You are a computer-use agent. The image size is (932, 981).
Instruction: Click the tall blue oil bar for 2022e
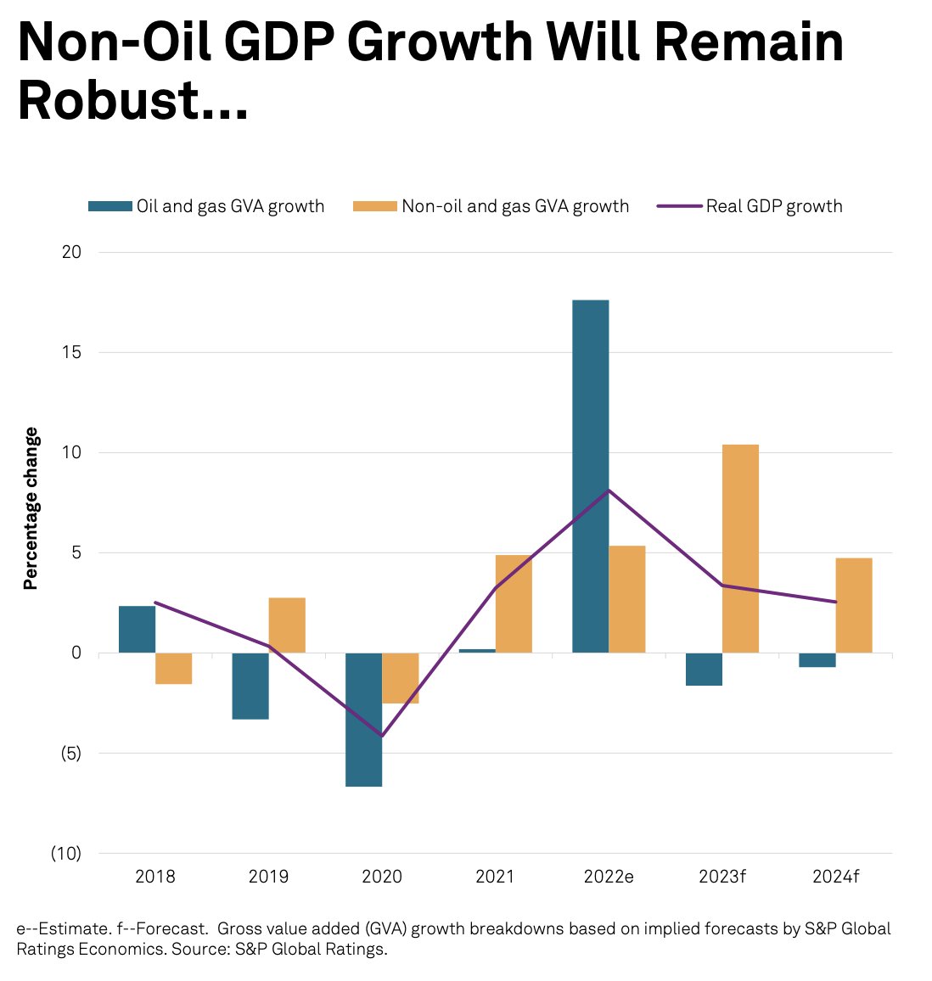pyautogui.click(x=590, y=475)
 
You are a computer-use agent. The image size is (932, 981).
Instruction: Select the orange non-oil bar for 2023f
pyautogui.click(x=740, y=548)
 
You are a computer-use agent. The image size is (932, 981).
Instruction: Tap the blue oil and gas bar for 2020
pyautogui.click(x=363, y=719)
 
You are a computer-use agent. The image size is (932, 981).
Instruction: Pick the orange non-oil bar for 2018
pyautogui.click(x=173, y=668)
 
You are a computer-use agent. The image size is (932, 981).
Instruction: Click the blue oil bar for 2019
pyautogui.click(x=250, y=686)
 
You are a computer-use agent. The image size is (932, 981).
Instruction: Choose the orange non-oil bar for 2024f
pyautogui.click(x=853, y=605)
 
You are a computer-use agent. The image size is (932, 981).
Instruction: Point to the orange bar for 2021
pyautogui.click(x=514, y=603)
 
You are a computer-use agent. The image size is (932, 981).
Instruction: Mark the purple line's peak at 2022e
pyautogui.click(x=609, y=490)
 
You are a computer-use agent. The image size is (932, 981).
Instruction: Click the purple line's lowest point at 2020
pyautogui.click(x=382, y=736)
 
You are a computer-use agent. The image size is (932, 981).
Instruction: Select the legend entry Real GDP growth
pyautogui.click(x=773, y=206)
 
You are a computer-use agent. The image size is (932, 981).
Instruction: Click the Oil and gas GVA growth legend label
pyautogui.click(x=230, y=206)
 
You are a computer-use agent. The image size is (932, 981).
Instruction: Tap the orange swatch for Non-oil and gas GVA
pyautogui.click(x=374, y=206)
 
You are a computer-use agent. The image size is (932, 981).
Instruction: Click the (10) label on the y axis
pyautogui.click(x=65, y=854)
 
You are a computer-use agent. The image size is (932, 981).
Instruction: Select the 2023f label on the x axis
pyautogui.click(x=721, y=877)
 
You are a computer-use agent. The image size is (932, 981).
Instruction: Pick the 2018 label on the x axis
pyautogui.click(x=155, y=877)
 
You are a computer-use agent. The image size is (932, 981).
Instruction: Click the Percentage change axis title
pyautogui.click(x=31, y=508)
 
